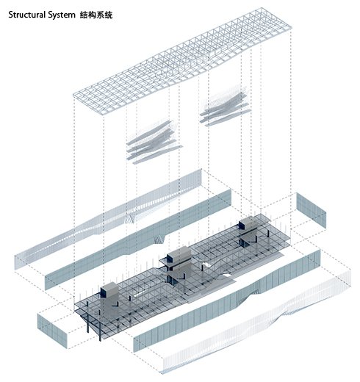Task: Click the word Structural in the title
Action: [26, 15]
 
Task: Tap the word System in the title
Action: [62, 15]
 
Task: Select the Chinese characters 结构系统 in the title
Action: [96, 15]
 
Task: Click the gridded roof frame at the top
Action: [182, 61]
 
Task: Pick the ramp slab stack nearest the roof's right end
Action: [225, 108]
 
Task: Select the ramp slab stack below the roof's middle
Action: [154, 142]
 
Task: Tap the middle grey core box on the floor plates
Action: [178, 255]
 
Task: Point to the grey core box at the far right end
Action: [248, 223]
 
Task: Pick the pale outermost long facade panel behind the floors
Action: [108, 218]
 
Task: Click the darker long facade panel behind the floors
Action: [138, 240]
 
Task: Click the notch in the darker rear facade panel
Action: [160, 239]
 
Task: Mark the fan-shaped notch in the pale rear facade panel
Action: [130, 218]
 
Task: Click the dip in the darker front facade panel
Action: [248, 294]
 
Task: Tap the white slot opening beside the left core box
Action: [140, 294]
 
